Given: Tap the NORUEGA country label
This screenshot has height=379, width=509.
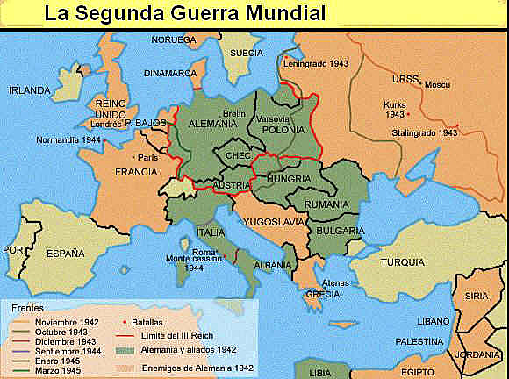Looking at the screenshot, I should (174, 40).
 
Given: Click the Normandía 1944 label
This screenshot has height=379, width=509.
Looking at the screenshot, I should (68, 139).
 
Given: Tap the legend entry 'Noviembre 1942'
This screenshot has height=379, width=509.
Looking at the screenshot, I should (67, 322).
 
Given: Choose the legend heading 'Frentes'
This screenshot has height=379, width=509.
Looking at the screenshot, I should (28, 309).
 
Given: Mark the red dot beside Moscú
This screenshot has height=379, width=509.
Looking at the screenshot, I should (421, 85).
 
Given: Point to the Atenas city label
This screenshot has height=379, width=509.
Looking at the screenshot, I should (335, 282).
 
